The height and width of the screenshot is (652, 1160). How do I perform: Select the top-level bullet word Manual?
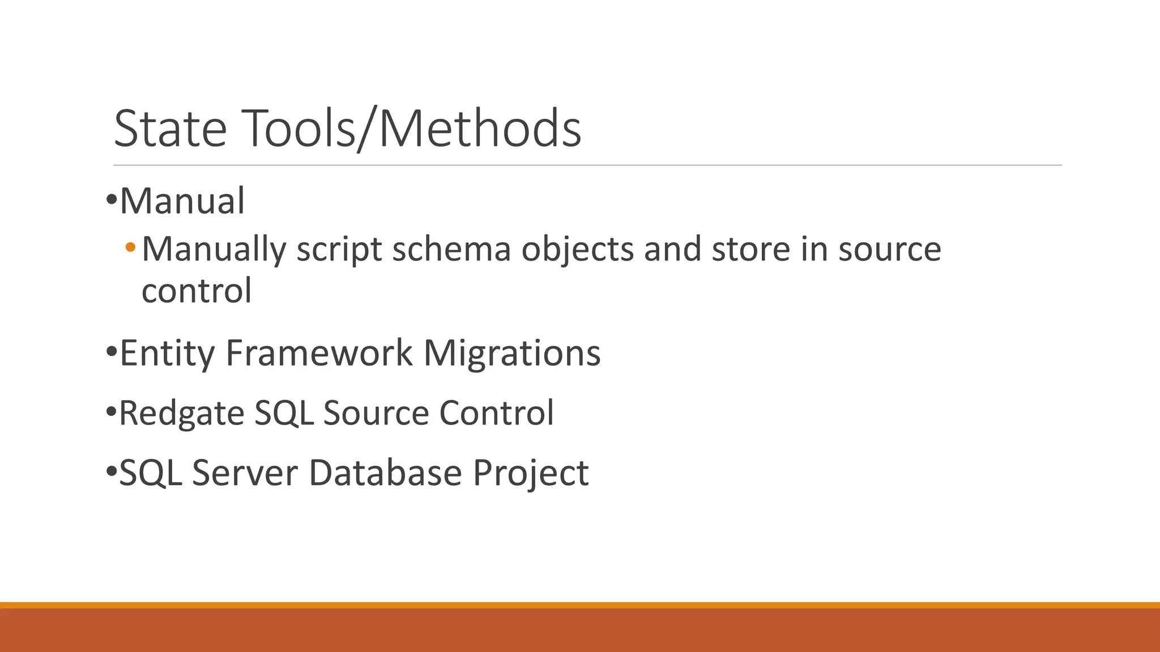pyautogui.click(x=182, y=201)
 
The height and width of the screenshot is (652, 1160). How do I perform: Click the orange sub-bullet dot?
pyautogui.click(x=131, y=247)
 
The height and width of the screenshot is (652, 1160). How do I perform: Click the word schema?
pyautogui.click(x=451, y=249)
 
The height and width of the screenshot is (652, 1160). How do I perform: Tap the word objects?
pyautogui.click(x=577, y=249)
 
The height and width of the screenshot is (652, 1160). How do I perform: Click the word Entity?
pyautogui.click(x=167, y=353)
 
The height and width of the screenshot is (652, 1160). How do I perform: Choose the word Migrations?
pyautogui.click(x=511, y=353)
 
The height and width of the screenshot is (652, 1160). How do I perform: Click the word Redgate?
pyautogui.click(x=182, y=413)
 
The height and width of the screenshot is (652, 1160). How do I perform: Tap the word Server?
pyautogui.click(x=245, y=473)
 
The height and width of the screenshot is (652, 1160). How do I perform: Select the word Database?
pyautogui.click(x=385, y=473)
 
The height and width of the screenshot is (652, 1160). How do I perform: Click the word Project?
pyautogui.click(x=531, y=473)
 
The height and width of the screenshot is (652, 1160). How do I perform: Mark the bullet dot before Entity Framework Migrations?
pyautogui.click(x=111, y=353)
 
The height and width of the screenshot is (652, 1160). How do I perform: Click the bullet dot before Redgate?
pyautogui.click(x=111, y=412)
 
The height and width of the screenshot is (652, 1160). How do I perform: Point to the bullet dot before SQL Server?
pyautogui.click(x=111, y=471)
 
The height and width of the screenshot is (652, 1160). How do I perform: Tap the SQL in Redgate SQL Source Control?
pyautogui.click(x=284, y=413)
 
